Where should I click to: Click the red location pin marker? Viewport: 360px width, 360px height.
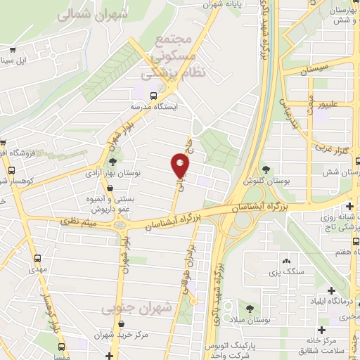click(181, 165)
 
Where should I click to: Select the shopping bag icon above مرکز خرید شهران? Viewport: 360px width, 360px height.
click(123, 324)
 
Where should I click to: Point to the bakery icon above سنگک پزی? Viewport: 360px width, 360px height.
click(285, 260)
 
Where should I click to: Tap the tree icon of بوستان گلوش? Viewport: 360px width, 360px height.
click(266, 169)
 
